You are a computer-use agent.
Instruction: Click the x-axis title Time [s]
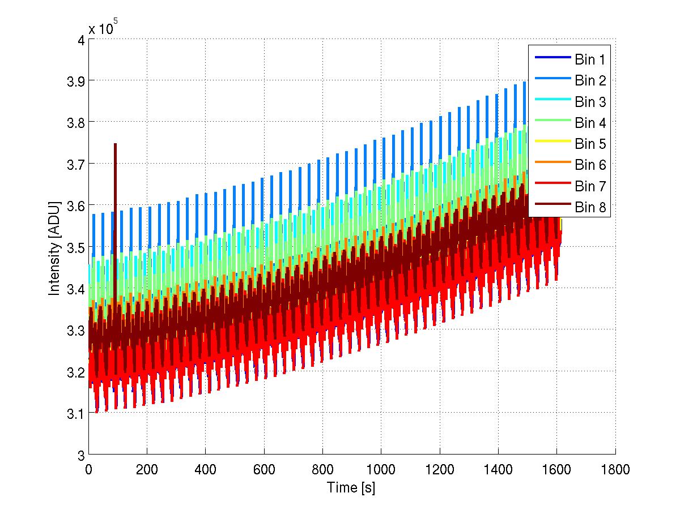pyautogui.click(x=351, y=487)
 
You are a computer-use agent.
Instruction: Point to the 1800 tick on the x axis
pyautogui.click(x=615, y=469)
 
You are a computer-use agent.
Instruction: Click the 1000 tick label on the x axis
pyautogui.click(x=381, y=469)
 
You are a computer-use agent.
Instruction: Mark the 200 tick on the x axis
pyautogui.click(x=147, y=469)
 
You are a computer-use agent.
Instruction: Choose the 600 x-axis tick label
pyautogui.click(x=264, y=469)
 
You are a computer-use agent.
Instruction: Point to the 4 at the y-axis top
pyautogui.click(x=81, y=39)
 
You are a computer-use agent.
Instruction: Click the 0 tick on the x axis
pyautogui.click(x=88, y=469)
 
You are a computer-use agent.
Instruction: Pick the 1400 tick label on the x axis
pyautogui.click(x=498, y=469)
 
